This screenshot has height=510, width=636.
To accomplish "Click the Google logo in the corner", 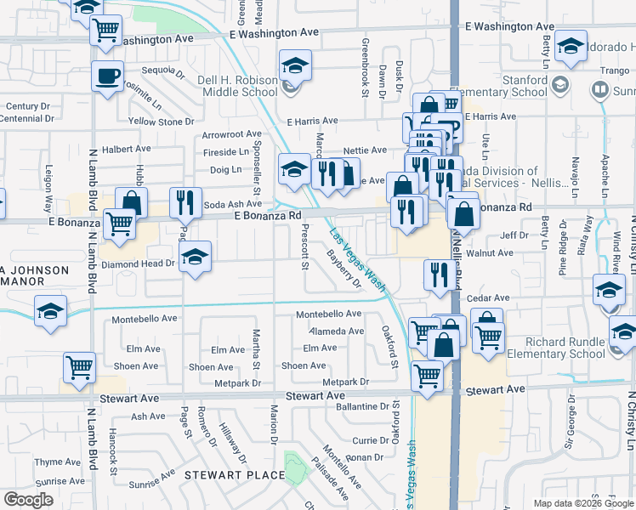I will pos(28,500).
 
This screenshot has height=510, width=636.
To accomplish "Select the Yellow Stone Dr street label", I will pos(155,122).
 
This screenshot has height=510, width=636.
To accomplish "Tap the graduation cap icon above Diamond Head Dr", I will pos(196,256).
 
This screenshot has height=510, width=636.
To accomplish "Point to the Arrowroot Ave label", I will pos(231,134).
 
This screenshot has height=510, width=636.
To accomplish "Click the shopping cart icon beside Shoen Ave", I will pos(79,368).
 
